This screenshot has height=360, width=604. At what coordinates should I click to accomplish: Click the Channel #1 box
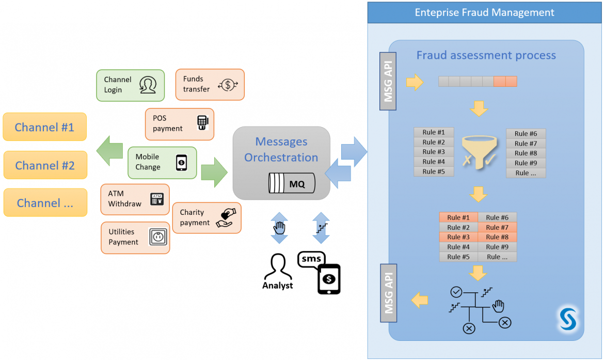pos(45,127)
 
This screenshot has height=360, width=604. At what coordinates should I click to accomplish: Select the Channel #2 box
pos(45,165)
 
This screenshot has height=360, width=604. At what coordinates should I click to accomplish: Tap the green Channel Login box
pos(130,85)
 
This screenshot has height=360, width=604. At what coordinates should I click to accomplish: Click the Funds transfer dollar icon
pos(228,85)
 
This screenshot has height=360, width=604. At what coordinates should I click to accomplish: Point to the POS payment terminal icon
pos(202,122)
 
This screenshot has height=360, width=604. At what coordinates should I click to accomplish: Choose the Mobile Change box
pos(162,163)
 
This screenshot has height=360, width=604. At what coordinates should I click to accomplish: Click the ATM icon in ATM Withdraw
pos(157,199)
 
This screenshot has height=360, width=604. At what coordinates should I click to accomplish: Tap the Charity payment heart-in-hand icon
pos(226,218)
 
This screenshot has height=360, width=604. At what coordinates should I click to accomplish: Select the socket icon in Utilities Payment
pos(158,237)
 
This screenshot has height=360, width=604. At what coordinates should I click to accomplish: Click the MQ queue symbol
pos(292,183)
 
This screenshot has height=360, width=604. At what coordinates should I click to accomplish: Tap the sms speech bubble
pos(311,259)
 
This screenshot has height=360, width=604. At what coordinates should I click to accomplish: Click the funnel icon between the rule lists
pos(479,152)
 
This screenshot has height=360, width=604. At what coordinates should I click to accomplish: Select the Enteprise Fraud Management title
pos(484,12)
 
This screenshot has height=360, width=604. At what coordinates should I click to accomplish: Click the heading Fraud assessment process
pos(486,55)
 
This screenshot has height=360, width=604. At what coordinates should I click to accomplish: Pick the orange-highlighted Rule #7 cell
pos(497,227)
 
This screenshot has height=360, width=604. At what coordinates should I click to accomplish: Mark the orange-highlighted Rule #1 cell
pos(458,217)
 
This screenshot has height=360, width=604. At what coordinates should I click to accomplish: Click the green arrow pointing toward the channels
pos(109,151)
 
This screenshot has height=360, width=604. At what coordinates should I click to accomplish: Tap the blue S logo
pos(568,319)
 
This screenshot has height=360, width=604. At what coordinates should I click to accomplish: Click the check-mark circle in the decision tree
pos(456,292)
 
